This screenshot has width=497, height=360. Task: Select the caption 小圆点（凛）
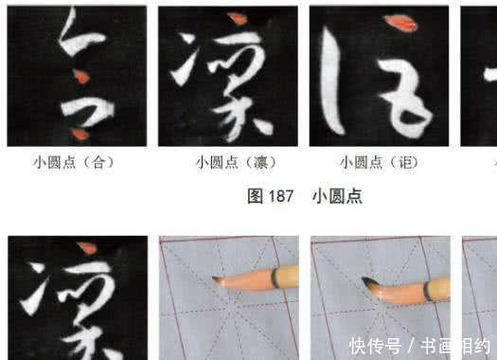click(228, 162)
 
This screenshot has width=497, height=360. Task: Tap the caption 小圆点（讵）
click(380, 162)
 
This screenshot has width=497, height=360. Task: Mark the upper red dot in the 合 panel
click(82, 74)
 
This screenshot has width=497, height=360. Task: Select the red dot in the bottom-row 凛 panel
click(86, 248)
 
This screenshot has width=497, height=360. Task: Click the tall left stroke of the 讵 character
click(330, 81)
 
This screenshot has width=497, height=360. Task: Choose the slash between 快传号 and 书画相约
click(413, 343)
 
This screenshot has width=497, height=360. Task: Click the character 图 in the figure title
click(254, 196)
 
